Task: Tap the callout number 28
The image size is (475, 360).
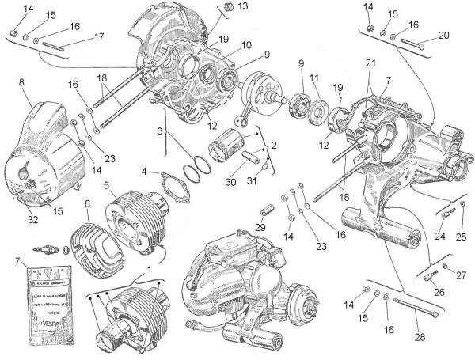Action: click(419, 338)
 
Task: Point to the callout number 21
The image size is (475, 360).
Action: click(370, 63)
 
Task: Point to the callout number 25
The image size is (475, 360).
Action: click(463, 237)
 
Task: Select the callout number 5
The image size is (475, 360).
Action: click(105, 185)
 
